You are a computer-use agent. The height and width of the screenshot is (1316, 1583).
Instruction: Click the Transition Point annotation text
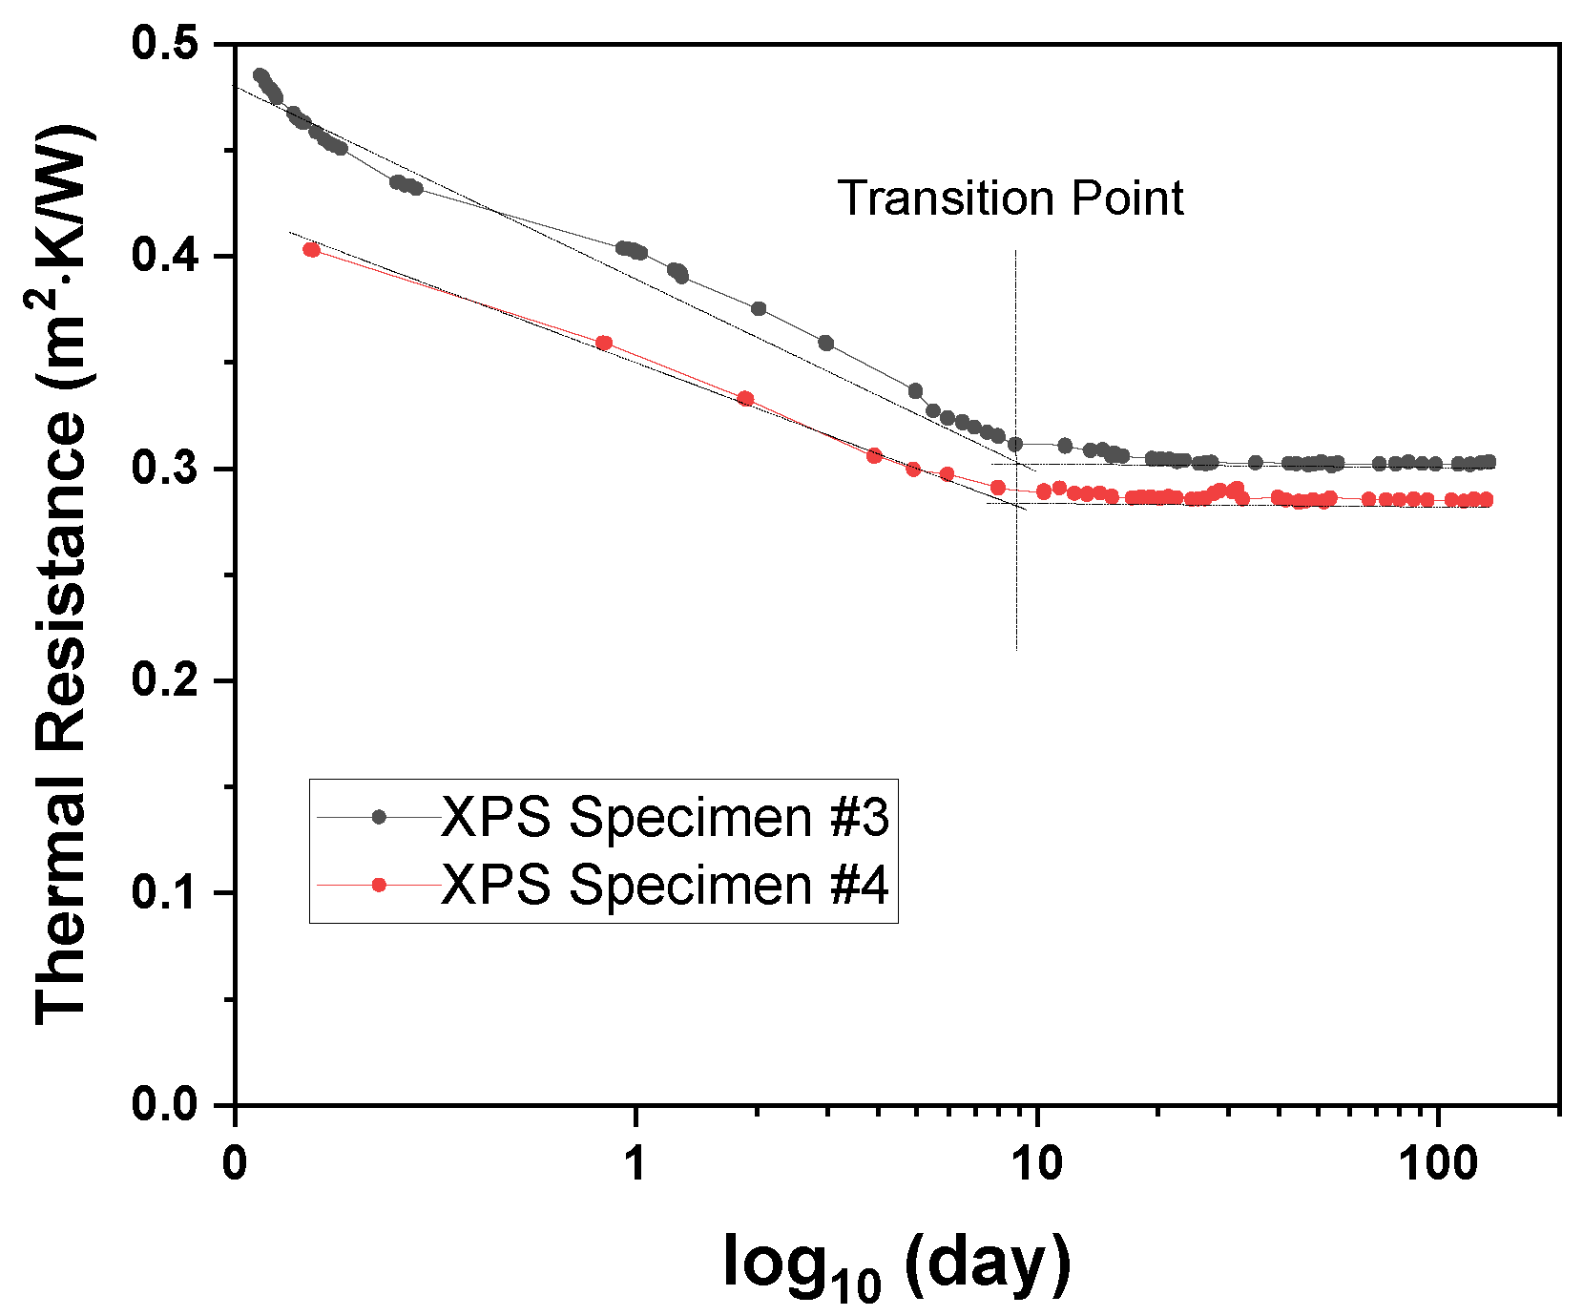coord(1010,198)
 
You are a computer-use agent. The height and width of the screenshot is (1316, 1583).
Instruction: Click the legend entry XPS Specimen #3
coord(664,817)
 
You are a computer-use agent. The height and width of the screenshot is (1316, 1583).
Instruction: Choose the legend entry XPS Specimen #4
coord(664,885)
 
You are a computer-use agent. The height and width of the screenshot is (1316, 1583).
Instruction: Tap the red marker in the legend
coord(379,886)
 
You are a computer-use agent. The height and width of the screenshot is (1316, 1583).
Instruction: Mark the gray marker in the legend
coord(379,817)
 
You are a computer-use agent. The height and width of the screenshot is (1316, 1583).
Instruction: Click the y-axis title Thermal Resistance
coord(62,573)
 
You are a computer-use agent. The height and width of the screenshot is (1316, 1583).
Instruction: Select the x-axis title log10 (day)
coord(896,1264)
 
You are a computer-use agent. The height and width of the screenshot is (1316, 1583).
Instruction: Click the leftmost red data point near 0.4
coord(311,250)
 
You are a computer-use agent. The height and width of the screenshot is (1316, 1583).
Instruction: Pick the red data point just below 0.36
coord(603,343)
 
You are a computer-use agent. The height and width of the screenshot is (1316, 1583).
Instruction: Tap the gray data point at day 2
coord(759,308)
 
